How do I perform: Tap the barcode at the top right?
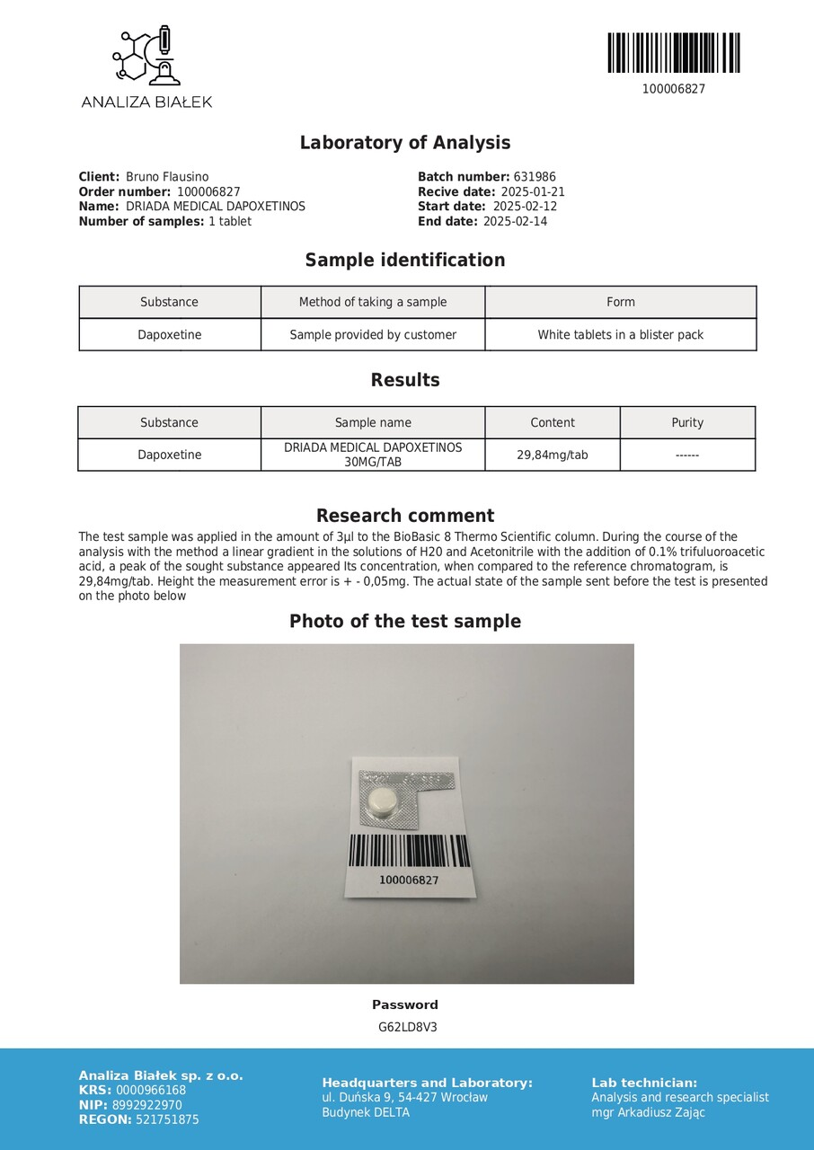(673, 53)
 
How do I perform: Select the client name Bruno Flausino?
(167, 177)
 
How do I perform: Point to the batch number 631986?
(535, 177)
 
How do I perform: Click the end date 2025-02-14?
(515, 221)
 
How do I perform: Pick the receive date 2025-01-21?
(533, 191)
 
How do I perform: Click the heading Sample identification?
(404, 261)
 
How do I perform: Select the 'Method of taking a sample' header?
(373, 302)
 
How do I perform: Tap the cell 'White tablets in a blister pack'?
(620, 335)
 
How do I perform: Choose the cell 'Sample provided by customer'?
(373, 335)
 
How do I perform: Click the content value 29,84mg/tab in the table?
(552, 455)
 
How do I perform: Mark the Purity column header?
(687, 422)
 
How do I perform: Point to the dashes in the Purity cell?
(687, 456)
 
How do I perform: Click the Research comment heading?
(404, 516)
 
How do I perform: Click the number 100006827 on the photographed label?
(409, 880)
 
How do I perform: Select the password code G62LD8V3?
(407, 1027)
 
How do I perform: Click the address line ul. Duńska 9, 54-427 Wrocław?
(404, 1097)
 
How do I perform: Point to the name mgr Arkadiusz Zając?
(648, 1112)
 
